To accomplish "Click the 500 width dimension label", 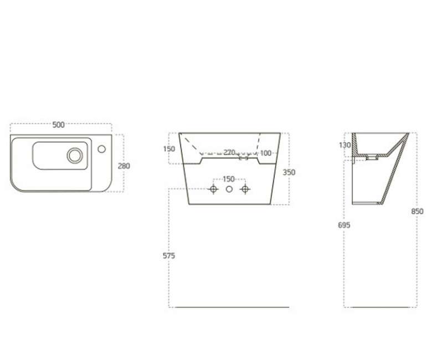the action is click(58, 125).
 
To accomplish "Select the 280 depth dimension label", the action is click(124, 166).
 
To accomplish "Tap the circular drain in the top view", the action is click(75, 155).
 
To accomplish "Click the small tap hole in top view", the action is click(102, 149).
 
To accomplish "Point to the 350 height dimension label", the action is click(289, 172).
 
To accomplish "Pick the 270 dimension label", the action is click(229, 152).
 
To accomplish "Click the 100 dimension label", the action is click(266, 153).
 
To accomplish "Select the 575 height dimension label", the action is click(168, 256).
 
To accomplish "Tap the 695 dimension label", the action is click(344, 225).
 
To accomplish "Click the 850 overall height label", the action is click(417, 212).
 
